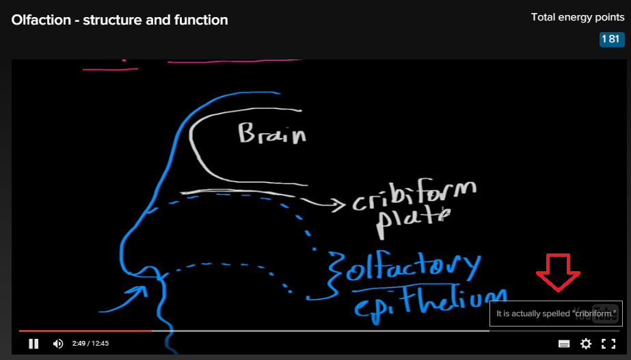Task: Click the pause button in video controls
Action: (33, 344)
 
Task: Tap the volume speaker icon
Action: (58, 344)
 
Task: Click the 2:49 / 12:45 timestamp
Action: (91, 344)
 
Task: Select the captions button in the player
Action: (564, 344)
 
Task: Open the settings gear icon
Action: (586, 344)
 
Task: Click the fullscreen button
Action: (608, 344)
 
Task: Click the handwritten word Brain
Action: (271, 133)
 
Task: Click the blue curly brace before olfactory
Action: (335, 268)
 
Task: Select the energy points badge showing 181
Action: (611, 39)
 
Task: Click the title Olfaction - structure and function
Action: (120, 20)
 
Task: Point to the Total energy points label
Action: (577, 17)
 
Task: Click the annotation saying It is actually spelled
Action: (556, 314)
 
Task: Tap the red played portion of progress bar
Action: (85, 331)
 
